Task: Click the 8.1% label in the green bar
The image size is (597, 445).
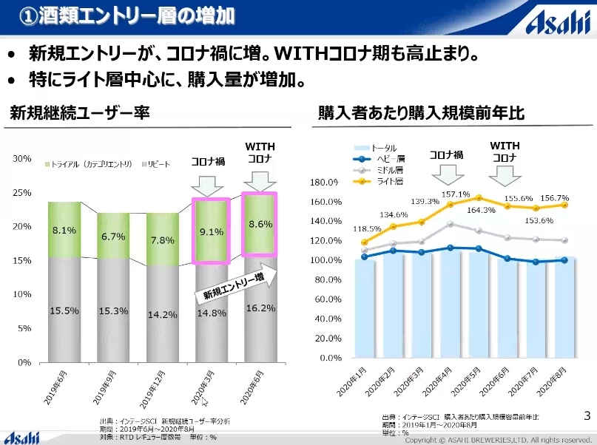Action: [64, 231]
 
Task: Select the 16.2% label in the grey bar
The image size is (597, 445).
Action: [260, 308]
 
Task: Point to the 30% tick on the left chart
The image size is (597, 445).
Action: [22, 159]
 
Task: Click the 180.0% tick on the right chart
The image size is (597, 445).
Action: [326, 182]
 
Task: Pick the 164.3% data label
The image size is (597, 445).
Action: [481, 211]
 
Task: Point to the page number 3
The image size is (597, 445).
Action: [587, 415]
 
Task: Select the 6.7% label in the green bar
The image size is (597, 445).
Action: [113, 237]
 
